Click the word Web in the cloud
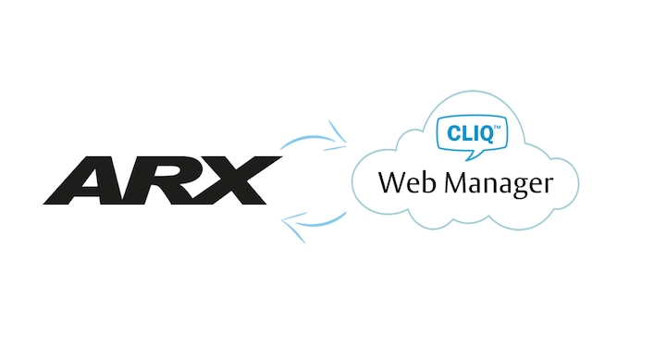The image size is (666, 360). pyautogui.click(x=406, y=182)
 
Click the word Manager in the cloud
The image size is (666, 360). pyautogui.click(x=499, y=184)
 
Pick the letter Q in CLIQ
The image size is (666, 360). pyautogui.click(x=485, y=133)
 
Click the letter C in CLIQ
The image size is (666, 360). pyautogui.click(x=453, y=133)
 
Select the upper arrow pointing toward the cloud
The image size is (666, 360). pyautogui.click(x=315, y=137)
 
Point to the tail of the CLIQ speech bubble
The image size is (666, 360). pyautogui.click(x=472, y=155)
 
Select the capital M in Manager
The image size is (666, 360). pyautogui.click(x=457, y=182)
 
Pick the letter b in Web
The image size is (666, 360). pyautogui.click(x=429, y=182)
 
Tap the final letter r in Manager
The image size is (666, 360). pyautogui.click(x=548, y=186)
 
